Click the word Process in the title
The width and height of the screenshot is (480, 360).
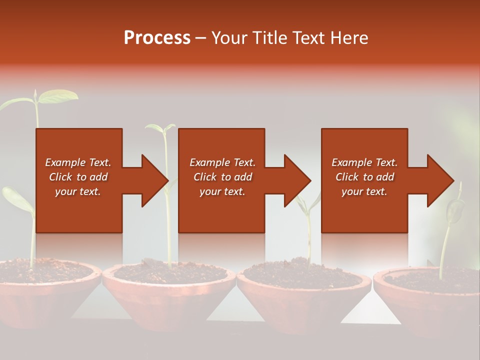[157, 38]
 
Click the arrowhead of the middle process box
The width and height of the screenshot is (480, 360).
[297, 180]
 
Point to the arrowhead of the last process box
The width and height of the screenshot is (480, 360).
[440, 180]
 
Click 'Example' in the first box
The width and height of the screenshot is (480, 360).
[65, 162]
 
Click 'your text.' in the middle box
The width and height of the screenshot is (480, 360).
[222, 191]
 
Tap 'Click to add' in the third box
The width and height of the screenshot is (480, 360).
[364, 177]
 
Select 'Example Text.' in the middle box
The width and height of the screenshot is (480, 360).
[222, 162]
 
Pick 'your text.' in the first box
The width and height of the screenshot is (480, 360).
[77, 191]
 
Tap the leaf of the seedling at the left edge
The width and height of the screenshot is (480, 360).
[15, 197]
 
